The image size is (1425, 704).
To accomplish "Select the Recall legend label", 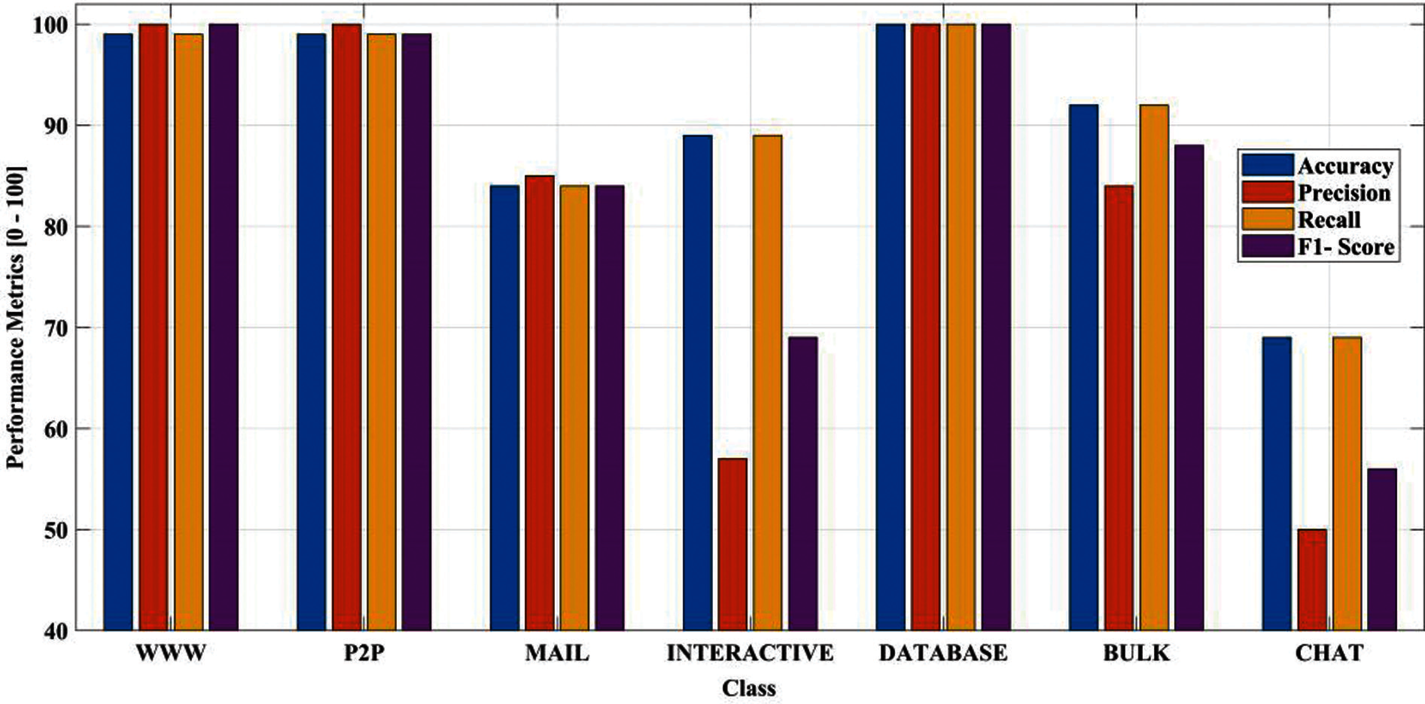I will [x=1329, y=220].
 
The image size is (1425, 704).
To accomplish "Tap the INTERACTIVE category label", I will [x=749, y=654].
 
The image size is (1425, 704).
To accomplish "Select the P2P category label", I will [x=364, y=654].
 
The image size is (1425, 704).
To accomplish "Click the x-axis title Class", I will [x=749, y=689].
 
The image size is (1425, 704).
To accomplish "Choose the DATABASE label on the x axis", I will [x=943, y=654].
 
